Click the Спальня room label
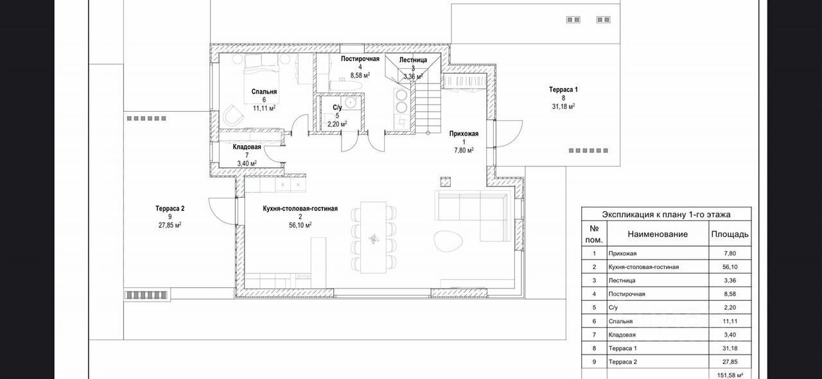click(x=264, y=92)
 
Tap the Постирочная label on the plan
click(x=360, y=59)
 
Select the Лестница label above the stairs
click(x=413, y=60)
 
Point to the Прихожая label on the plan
click(x=464, y=134)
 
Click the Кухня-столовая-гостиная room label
click(x=300, y=209)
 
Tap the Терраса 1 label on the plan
click(x=563, y=90)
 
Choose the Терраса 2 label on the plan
click(x=170, y=209)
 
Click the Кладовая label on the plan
click(x=247, y=147)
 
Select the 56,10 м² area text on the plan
click(x=300, y=225)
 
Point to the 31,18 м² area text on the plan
click(x=563, y=107)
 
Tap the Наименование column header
click(x=658, y=234)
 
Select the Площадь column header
click(x=729, y=234)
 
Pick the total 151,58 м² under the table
click(x=730, y=375)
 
